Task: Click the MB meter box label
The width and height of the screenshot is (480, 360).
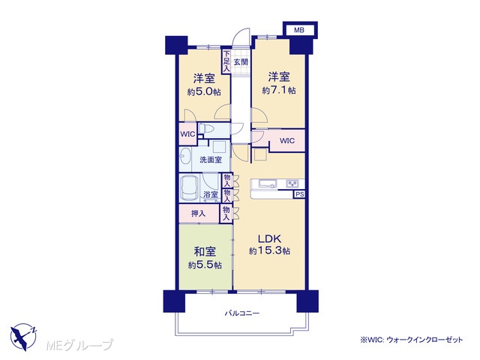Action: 299,30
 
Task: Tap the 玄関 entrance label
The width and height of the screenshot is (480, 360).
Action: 241,62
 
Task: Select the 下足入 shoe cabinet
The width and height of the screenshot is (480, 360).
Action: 226,61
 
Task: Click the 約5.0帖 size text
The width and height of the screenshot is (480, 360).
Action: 204,91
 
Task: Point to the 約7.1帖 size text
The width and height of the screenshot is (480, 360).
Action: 279,90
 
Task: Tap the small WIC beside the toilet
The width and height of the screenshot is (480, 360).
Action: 187,134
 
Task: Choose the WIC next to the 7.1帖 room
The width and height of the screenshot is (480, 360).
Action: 287,141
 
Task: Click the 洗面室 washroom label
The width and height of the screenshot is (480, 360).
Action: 211,160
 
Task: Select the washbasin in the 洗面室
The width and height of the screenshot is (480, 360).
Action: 185,156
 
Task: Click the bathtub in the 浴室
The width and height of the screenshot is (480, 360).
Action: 190,187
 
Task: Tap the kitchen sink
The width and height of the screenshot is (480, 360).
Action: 268,184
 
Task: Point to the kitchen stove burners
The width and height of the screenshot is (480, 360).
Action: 292,184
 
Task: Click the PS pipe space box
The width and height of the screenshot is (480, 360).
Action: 300,194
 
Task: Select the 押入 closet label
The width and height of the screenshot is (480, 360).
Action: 198,213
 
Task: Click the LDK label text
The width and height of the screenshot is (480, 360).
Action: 269,238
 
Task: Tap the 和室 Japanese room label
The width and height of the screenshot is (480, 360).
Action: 205,252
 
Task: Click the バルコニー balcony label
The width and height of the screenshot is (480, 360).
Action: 242,313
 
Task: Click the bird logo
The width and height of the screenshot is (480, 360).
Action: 23,337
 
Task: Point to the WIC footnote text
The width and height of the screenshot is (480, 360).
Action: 412,340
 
